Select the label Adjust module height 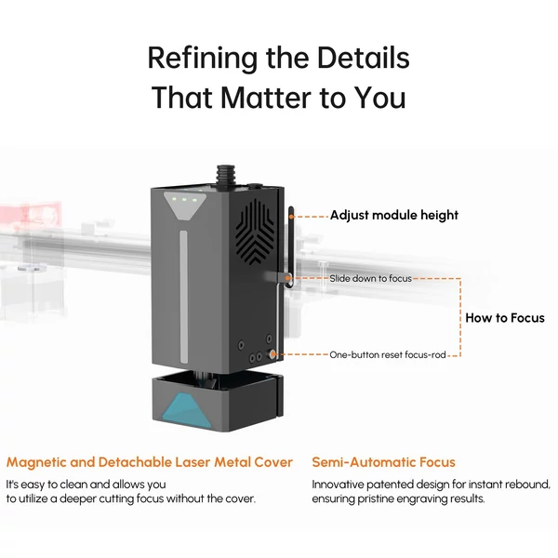[x=394, y=216]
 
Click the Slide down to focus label [x=370, y=278]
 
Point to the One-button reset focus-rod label [x=388, y=355]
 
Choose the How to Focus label [x=505, y=318]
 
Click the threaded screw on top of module [x=223, y=175]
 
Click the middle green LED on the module [x=184, y=200]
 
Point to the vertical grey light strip [x=183, y=297]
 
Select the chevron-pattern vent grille [x=255, y=232]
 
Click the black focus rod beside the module [x=291, y=246]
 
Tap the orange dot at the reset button [x=272, y=354]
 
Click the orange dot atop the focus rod [x=291, y=216]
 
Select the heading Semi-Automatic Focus [x=383, y=462]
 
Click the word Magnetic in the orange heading [x=36, y=462]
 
